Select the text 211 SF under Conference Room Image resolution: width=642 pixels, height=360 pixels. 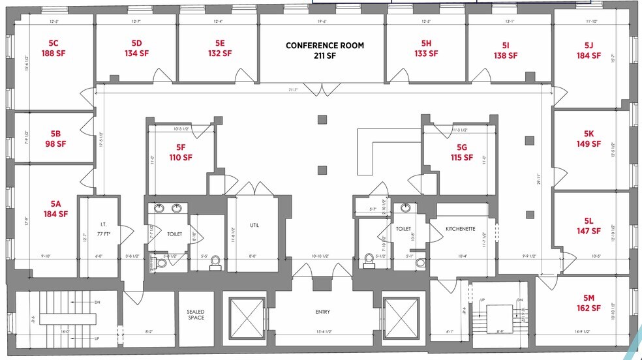tap(324, 56)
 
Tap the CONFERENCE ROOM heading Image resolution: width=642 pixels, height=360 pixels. tap(324, 46)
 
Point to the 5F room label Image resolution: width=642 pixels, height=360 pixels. tap(181, 147)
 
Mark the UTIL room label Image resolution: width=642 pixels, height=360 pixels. tap(254, 225)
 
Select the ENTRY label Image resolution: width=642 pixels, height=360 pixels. tap(323, 312)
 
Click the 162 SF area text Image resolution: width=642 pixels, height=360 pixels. tap(588, 308)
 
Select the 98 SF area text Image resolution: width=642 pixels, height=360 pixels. tap(55, 144)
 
